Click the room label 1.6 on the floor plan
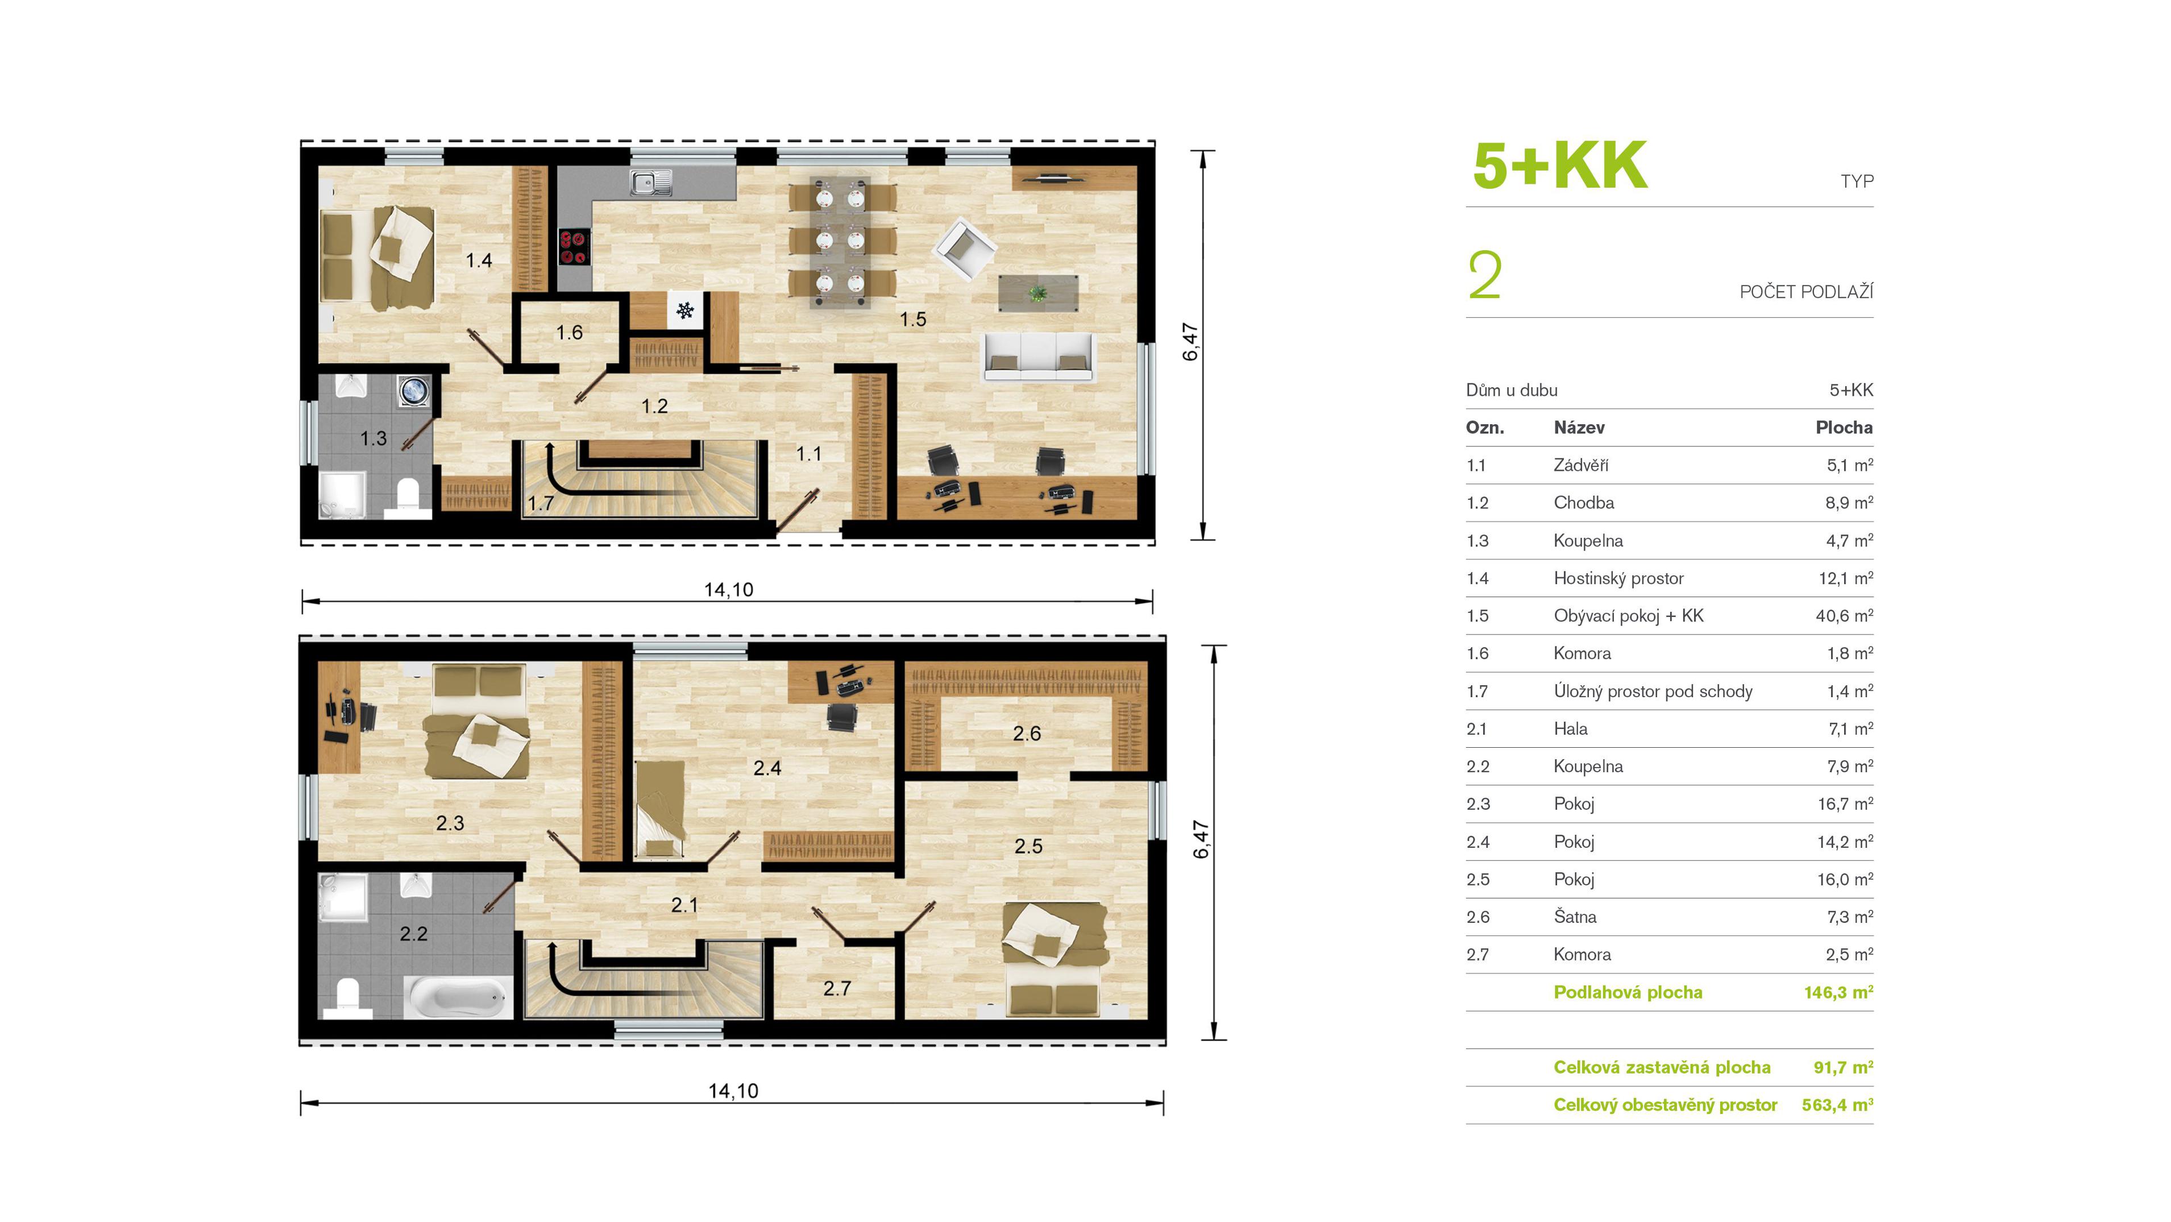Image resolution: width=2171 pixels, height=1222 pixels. (x=569, y=333)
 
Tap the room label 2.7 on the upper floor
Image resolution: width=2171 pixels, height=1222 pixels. (x=837, y=988)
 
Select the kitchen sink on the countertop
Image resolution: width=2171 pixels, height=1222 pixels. (x=651, y=182)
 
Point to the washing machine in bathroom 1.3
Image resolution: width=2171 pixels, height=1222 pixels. (x=414, y=392)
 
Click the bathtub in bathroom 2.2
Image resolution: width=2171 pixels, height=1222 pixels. (x=458, y=998)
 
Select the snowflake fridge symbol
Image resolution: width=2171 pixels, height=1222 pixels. (x=685, y=310)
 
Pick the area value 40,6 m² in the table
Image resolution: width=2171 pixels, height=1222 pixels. (x=1844, y=616)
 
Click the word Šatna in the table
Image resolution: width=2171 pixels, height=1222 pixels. (x=1574, y=917)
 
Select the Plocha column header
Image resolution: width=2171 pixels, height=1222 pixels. (x=1844, y=427)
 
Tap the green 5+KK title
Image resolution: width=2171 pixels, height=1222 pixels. (x=1559, y=165)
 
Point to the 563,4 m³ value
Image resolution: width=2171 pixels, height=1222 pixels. (x=1837, y=1105)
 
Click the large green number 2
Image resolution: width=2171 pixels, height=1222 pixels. (x=1484, y=276)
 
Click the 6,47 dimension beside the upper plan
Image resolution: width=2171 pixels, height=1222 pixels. (x=1190, y=342)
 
